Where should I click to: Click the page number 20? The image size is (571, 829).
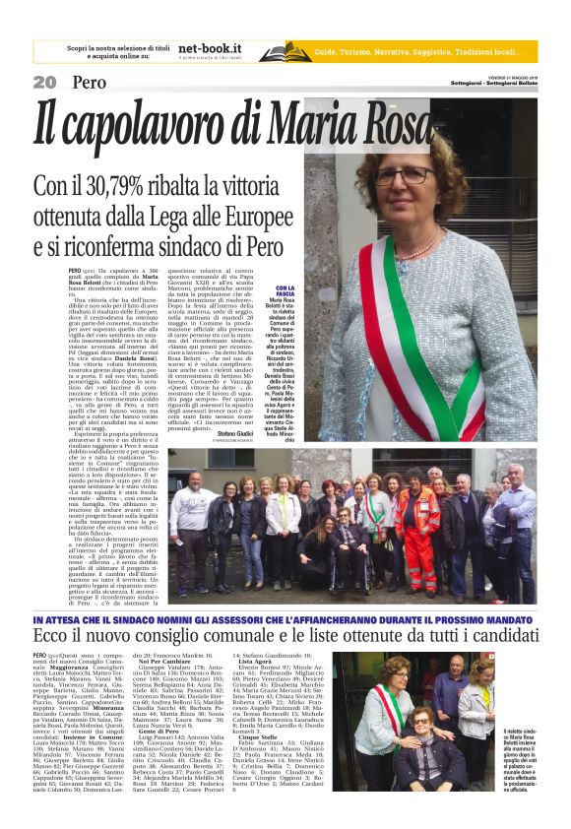point(44,83)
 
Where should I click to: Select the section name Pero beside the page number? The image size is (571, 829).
point(89,83)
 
